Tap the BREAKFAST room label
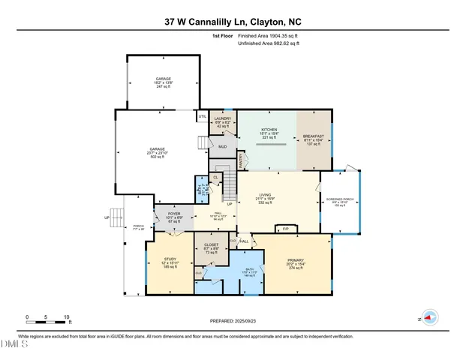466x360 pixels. (x=313, y=136)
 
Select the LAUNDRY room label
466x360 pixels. (x=222, y=118)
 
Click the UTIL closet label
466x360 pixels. (x=203, y=116)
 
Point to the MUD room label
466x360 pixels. (x=223, y=147)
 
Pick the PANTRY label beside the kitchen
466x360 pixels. (x=241, y=160)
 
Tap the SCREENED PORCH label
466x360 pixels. (x=339, y=199)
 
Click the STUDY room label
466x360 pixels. (x=170, y=259)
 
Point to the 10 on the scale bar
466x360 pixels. (x=68, y=317)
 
